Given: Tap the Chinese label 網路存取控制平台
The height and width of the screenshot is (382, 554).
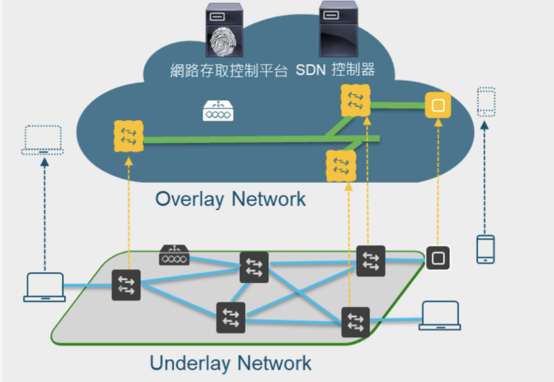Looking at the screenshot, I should (229, 71).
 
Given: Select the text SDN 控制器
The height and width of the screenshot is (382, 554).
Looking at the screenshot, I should (335, 70).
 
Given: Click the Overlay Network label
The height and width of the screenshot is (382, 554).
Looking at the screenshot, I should (230, 199).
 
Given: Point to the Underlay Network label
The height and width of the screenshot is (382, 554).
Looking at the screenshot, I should (230, 362).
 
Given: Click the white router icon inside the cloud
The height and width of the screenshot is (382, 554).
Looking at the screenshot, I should (218, 111).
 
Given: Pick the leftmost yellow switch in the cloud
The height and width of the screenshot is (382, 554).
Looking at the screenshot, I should (129, 136).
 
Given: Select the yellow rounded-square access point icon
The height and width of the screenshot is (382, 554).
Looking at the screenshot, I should (438, 105).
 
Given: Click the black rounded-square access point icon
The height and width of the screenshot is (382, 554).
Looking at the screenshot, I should (438, 258).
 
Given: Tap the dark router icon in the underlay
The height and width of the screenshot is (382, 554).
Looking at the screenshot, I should (174, 255).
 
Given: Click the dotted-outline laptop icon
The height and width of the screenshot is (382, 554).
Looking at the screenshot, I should (43, 140).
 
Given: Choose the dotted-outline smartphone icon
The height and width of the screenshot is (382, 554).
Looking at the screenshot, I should (486, 101).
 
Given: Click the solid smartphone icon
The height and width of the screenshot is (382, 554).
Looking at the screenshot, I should (485, 249).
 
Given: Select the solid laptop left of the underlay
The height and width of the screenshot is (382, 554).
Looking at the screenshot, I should (44, 287).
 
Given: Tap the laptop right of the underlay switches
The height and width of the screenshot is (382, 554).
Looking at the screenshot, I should (440, 315).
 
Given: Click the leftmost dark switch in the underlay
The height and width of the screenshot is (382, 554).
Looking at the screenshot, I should (126, 285).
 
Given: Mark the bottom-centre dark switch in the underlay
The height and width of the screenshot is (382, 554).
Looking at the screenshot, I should (231, 318).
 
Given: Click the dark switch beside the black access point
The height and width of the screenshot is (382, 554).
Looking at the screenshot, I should (371, 260).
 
